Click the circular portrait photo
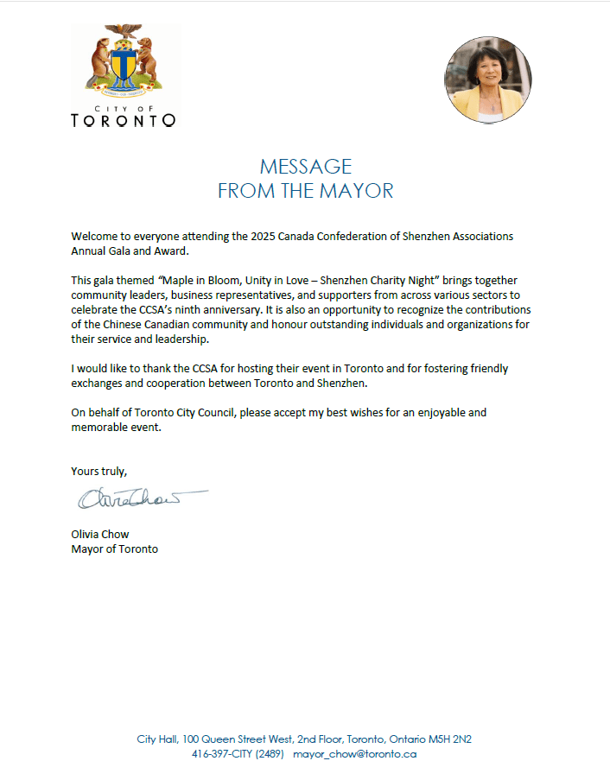point(487,80)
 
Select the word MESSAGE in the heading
point(306,167)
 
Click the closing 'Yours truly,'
point(98,472)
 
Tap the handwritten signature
point(138,499)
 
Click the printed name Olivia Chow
point(100,534)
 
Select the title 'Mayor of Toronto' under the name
point(114,549)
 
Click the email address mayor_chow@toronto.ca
point(355,753)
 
